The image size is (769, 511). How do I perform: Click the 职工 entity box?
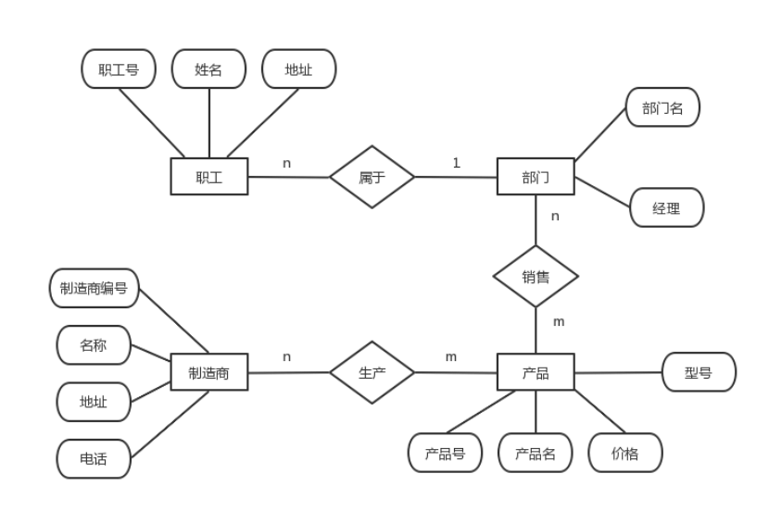coord(208,177)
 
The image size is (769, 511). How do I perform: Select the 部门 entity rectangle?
coord(536,177)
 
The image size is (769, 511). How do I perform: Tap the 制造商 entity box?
coord(208,373)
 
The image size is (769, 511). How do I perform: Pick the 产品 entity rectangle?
coord(536,373)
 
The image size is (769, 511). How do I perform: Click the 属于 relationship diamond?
coord(372,177)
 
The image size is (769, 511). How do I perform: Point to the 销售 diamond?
coord(536,276)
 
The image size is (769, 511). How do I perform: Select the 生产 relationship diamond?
coord(372,373)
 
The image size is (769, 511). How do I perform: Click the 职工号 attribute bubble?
coord(119,69)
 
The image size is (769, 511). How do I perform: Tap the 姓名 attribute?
coord(208,69)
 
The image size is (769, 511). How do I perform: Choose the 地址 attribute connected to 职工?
coord(298,69)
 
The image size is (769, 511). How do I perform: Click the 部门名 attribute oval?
coord(662,108)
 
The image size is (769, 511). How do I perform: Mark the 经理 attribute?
coord(666,208)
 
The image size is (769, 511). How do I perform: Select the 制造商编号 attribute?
coord(94,288)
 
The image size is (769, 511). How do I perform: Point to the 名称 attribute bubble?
coord(94,345)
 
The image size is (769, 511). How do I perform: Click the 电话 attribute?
coord(94,458)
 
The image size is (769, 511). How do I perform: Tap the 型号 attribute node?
coord(699,373)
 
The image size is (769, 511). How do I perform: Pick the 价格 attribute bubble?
coord(625,454)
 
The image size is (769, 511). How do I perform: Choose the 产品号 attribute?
coord(445,454)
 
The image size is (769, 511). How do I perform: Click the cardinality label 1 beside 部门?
coord(456,163)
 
